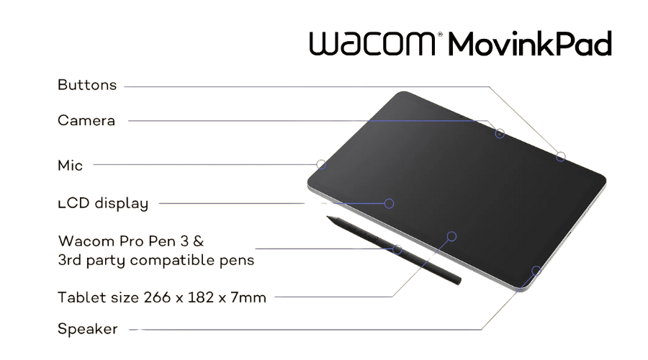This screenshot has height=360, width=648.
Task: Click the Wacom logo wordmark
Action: [372, 44]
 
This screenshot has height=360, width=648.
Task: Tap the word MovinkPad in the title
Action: [530, 45]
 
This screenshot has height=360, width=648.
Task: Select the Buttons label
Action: [87, 85]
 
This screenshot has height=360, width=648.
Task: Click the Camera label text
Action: [86, 121]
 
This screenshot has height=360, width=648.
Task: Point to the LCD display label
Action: [103, 204]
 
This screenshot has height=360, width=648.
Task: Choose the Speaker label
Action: [87, 330]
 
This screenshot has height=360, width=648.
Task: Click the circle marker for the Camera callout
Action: [499, 133]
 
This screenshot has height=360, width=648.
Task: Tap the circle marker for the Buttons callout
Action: [560, 156]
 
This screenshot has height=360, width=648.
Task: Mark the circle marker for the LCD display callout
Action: [389, 203]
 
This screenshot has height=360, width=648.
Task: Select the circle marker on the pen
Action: [397, 248]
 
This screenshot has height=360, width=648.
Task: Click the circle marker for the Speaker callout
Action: [536, 271]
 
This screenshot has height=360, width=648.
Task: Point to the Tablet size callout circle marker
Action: [452, 235]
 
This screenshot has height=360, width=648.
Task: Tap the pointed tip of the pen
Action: [328, 216]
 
